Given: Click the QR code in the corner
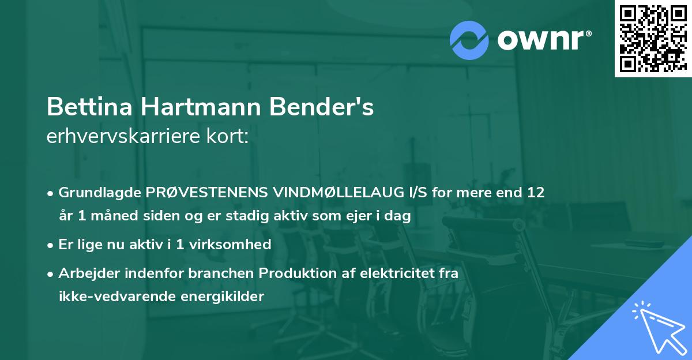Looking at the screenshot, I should tap(653, 39).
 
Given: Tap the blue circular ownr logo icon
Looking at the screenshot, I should tap(469, 39).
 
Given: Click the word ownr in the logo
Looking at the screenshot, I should tap(543, 40).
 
